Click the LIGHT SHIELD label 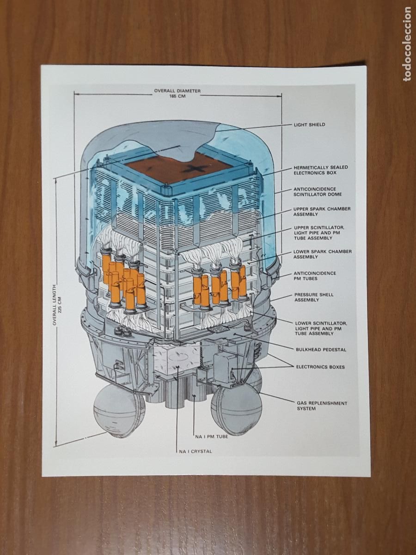click(310, 124)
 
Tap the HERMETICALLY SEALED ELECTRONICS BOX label click(321, 170)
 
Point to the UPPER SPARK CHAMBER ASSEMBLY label click(322, 211)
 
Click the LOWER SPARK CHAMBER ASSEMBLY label click(322, 254)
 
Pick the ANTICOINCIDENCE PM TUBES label click(315, 276)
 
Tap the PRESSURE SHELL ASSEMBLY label click(314, 297)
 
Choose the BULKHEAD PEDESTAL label click(321, 349)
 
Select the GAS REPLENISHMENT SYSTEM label click(322, 406)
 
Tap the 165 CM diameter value click(177, 97)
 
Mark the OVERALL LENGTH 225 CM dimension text click(56, 305)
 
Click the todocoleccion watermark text click(407, 44)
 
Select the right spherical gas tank click(236, 409)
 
